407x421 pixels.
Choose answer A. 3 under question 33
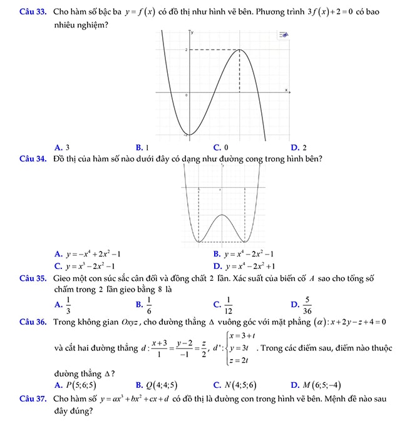point(62,148)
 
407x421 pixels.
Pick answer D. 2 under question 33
point(299,148)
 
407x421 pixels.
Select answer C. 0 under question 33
point(220,148)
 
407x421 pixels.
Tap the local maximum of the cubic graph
point(239,49)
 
